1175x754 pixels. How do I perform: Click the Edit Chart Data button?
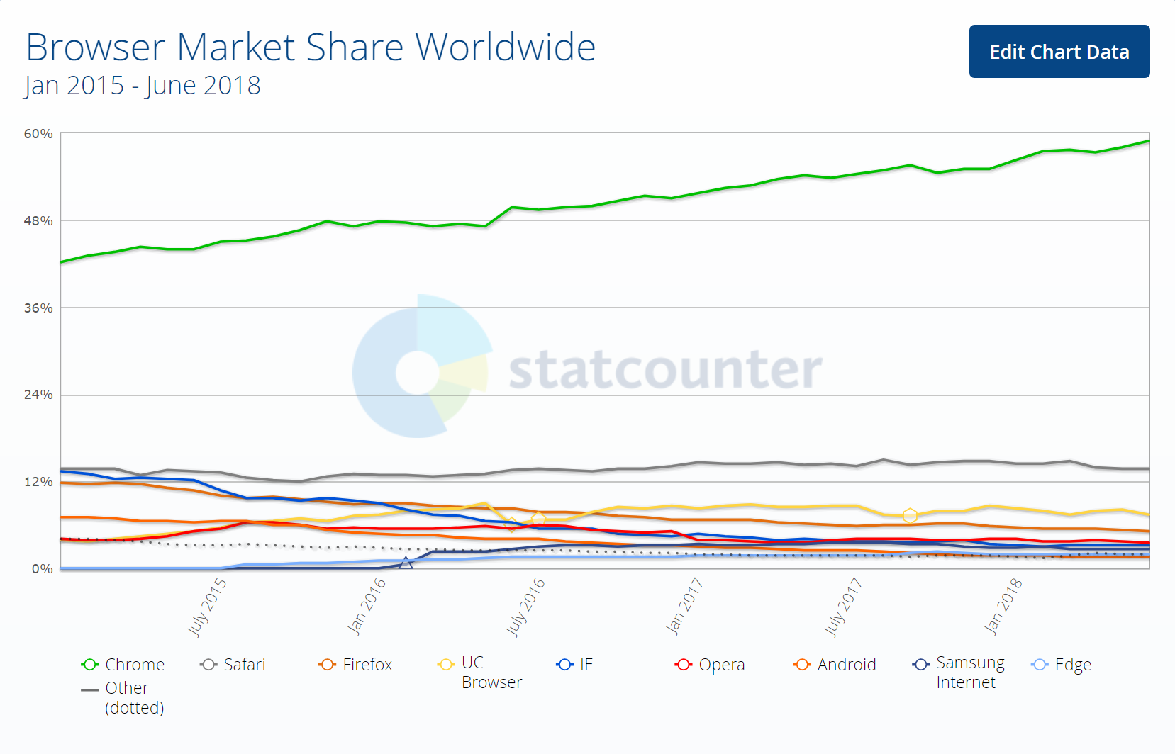point(1059,52)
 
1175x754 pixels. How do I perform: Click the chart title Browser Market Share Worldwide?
point(311,47)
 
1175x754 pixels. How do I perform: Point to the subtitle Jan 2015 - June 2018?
point(143,86)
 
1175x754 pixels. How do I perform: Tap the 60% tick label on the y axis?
point(38,134)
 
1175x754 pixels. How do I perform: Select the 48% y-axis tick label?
point(38,221)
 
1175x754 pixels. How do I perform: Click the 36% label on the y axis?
point(38,308)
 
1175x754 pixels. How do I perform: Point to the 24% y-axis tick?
point(38,395)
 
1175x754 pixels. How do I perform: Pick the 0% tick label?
point(43,569)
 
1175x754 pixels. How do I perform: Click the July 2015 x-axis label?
point(207,607)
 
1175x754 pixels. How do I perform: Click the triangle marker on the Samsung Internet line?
point(406,563)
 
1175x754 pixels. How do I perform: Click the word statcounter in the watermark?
point(665,369)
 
